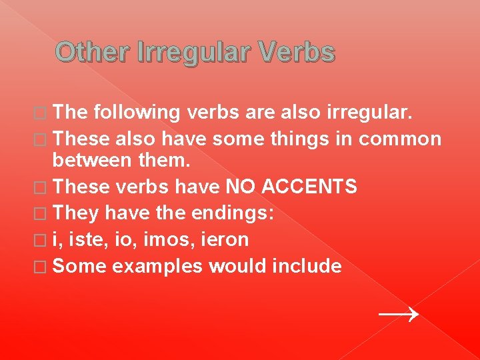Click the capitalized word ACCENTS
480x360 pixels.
pyautogui.click(x=310, y=187)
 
